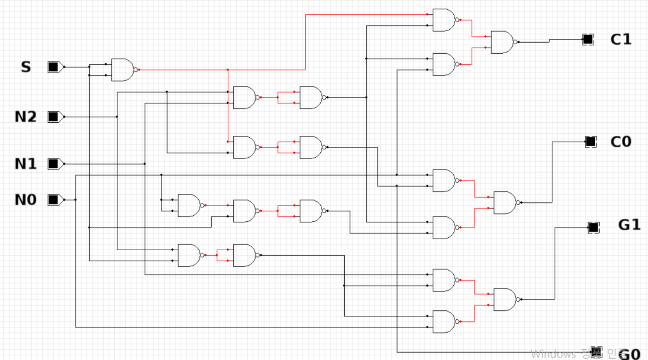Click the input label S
(x=26, y=67)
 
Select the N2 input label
(x=25, y=117)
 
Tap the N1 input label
(x=25, y=164)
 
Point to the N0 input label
(x=25, y=200)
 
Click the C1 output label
(x=621, y=39)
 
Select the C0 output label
(x=621, y=142)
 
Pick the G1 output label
(x=629, y=225)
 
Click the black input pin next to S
(x=53, y=67)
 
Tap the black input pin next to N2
(x=53, y=117)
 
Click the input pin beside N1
(x=53, y=164)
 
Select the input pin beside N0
(x=53, y=200)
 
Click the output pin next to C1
(x=587, y=39)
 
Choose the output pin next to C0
(x=590, y=142)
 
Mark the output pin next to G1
(x=593, y=228)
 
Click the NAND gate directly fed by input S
(x=122, y=70)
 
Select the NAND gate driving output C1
(x=502, y=42)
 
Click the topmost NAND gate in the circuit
(x=444, y=20)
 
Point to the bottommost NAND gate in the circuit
(x=444, y=322)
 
